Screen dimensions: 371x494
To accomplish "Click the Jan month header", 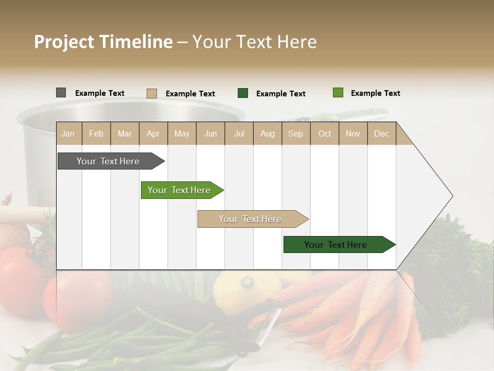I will click(68, 133).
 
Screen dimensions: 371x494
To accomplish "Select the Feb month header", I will click(96, 133).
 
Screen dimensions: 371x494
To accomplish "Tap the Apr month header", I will click(153, 133).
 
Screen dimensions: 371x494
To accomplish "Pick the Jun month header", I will click(210, 133).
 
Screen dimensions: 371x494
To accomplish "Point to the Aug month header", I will click(267, 133).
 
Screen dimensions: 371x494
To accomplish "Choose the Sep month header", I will click(295, 133).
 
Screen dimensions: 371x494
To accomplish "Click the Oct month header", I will click(325, 133).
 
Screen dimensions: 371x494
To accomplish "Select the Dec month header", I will click(381, 133).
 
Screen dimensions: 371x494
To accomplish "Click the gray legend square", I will click(61, 93).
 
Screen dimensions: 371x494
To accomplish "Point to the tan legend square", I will click(151, 93).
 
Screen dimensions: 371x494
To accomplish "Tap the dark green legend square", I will click(243, 93).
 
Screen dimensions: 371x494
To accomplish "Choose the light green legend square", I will click(338, 93).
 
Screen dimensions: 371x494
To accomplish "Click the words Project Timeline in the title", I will click(103, 42).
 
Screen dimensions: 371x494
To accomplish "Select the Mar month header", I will click(125, 133).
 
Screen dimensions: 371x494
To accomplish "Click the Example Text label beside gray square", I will click(100, 93).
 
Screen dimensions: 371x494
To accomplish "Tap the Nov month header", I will click(353, 133).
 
